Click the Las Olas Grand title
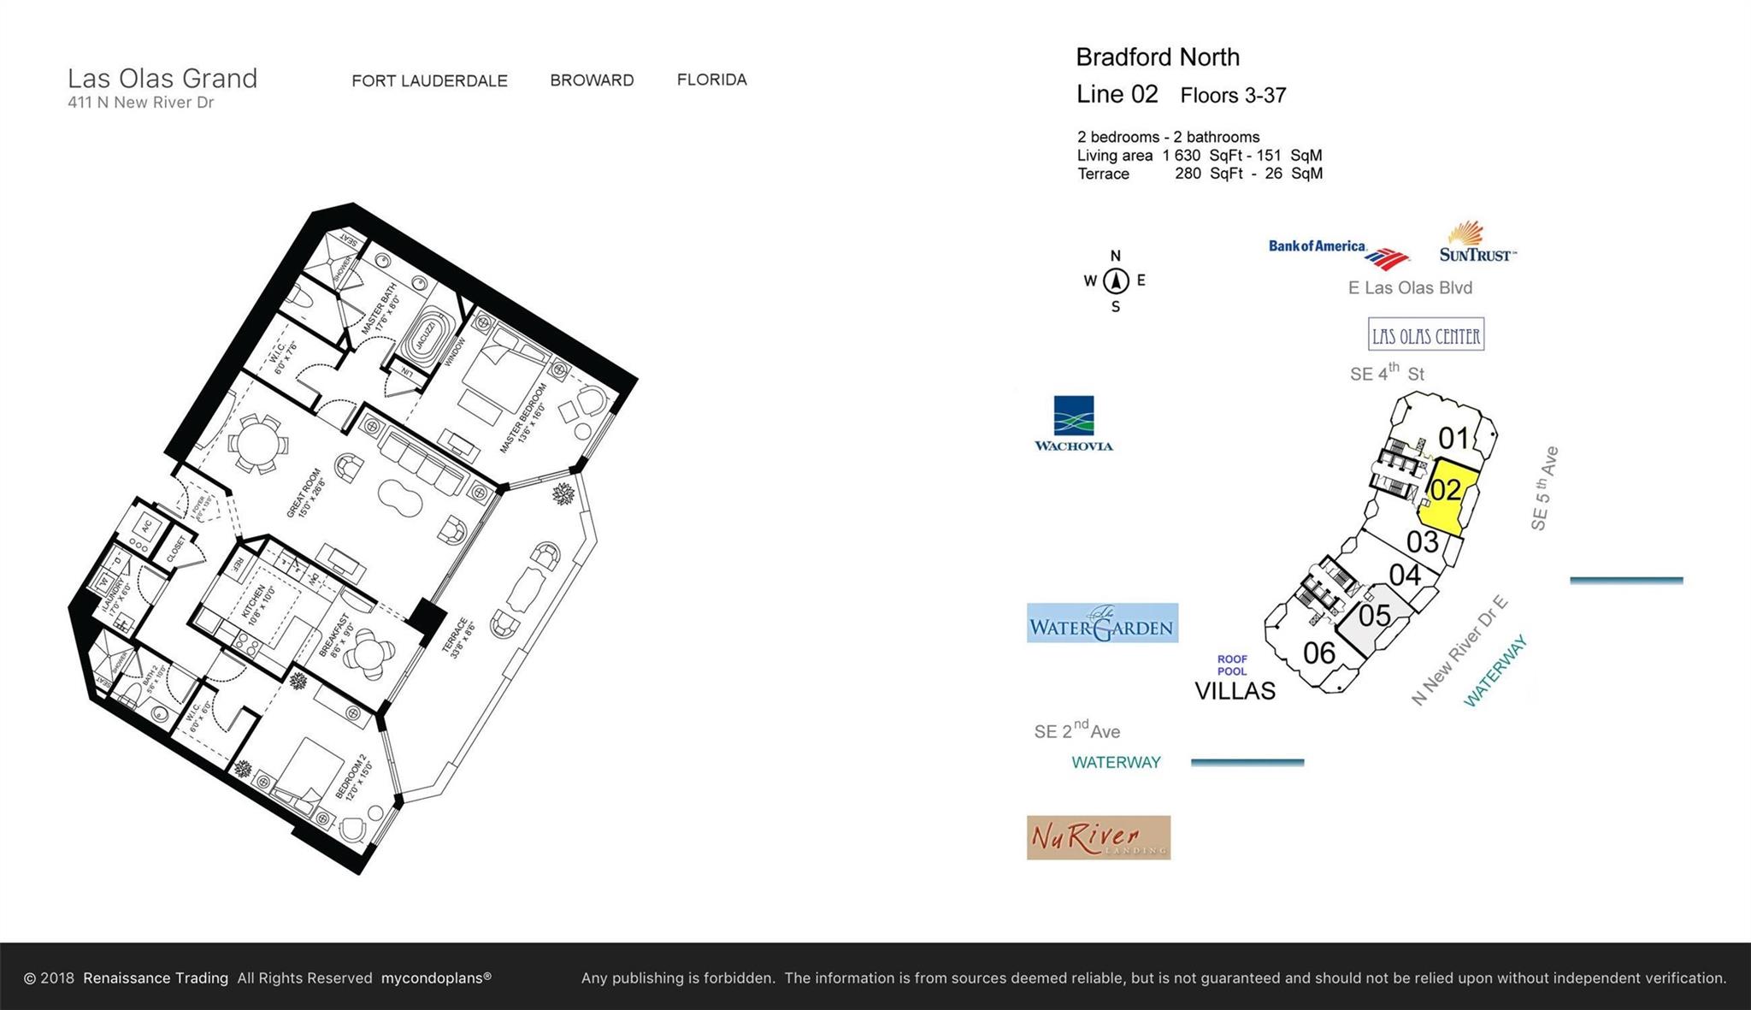(x=162, y=79)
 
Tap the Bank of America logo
(x=1338, y=251)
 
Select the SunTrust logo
(x=1477, y=243)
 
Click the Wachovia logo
(x=1074, y=423)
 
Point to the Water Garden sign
(x=1102, y=623)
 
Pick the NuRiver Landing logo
(x=1099, y=837)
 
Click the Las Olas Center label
(x=1425, y=335)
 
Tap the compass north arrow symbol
(x=1115, y=281)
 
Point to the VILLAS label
(x=1235, y=691)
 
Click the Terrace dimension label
(x=457, y=637)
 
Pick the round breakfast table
(x=373, y=654)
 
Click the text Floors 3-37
(x=1233, y=96)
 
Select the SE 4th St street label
(x=1387, y=373)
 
